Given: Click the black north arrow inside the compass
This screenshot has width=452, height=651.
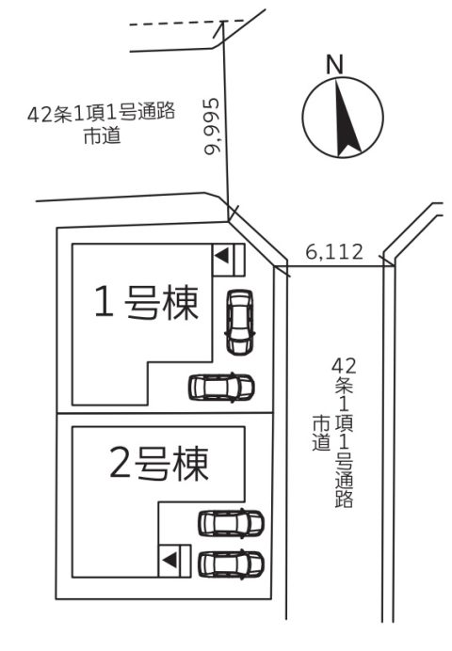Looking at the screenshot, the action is click(x=346, y=120).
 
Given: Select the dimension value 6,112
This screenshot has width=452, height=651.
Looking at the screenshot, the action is click(x=334, y=251).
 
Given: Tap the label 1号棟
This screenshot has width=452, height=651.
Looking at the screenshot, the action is click(x=147, y=302).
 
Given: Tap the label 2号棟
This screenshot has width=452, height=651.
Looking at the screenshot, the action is click(x=159, y=464).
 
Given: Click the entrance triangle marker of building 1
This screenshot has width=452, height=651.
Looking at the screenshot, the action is click(x=222, y=255).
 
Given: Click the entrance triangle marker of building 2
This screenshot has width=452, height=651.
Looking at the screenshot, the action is click(x=169, y=561).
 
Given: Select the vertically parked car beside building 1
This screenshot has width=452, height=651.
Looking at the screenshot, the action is click(x=240, y=322).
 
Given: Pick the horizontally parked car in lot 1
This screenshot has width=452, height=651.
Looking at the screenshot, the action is click(x=221, y=388).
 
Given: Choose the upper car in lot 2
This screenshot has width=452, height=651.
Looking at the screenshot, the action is click(x=231, y=522).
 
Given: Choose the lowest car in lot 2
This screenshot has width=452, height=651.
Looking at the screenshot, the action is click(x=231, y=564).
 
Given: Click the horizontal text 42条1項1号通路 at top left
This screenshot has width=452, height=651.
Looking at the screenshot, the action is click(x=102, y=113).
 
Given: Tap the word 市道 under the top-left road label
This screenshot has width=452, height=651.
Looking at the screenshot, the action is click(x=103, y=135).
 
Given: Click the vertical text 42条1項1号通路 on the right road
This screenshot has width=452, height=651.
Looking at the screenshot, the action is click(x=345, y=432).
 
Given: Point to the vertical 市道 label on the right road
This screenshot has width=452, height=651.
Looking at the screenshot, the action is click(x=321, y=433).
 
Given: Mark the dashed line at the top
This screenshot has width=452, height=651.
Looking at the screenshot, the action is click(x=186, y=23).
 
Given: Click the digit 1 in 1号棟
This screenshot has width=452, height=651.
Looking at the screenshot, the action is click(x=104, y=302).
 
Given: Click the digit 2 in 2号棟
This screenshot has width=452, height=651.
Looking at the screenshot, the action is click(x=121, y=463).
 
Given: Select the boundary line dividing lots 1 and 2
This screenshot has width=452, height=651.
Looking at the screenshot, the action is click(x=165, y=413).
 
